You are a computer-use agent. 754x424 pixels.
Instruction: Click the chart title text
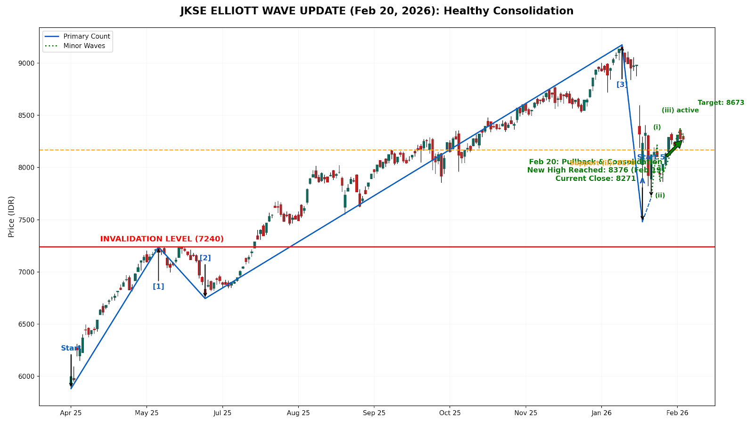[x=377, y=11]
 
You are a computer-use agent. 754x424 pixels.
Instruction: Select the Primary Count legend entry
[x=87, y=36]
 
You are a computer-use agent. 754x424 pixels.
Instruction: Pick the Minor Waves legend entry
[x=84, y=46]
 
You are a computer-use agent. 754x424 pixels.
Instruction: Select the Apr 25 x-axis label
[x=71, y=413]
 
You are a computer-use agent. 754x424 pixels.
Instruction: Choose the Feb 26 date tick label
[x=677, y=413]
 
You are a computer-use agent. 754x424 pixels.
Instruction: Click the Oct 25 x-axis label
[x=450, y=413]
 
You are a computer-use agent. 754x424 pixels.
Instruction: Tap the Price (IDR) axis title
[x=11, y=216]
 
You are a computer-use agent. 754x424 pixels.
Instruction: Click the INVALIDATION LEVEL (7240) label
[x=162, y=239]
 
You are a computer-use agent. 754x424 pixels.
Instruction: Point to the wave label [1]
[x=158, y=286]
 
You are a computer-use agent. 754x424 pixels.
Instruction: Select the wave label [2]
[x=205, y=258]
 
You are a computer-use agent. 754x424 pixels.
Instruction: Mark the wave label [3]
[x=622, y=85]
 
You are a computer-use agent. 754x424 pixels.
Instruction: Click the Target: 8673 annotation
[x=721, y=103]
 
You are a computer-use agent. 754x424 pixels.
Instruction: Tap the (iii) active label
[x=680, y=110]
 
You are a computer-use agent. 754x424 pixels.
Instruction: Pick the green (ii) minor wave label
[x=660, y=196]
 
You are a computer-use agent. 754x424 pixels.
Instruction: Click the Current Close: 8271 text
[x=595, y=179]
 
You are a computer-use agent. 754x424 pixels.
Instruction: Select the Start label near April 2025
[x=70, y=349]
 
